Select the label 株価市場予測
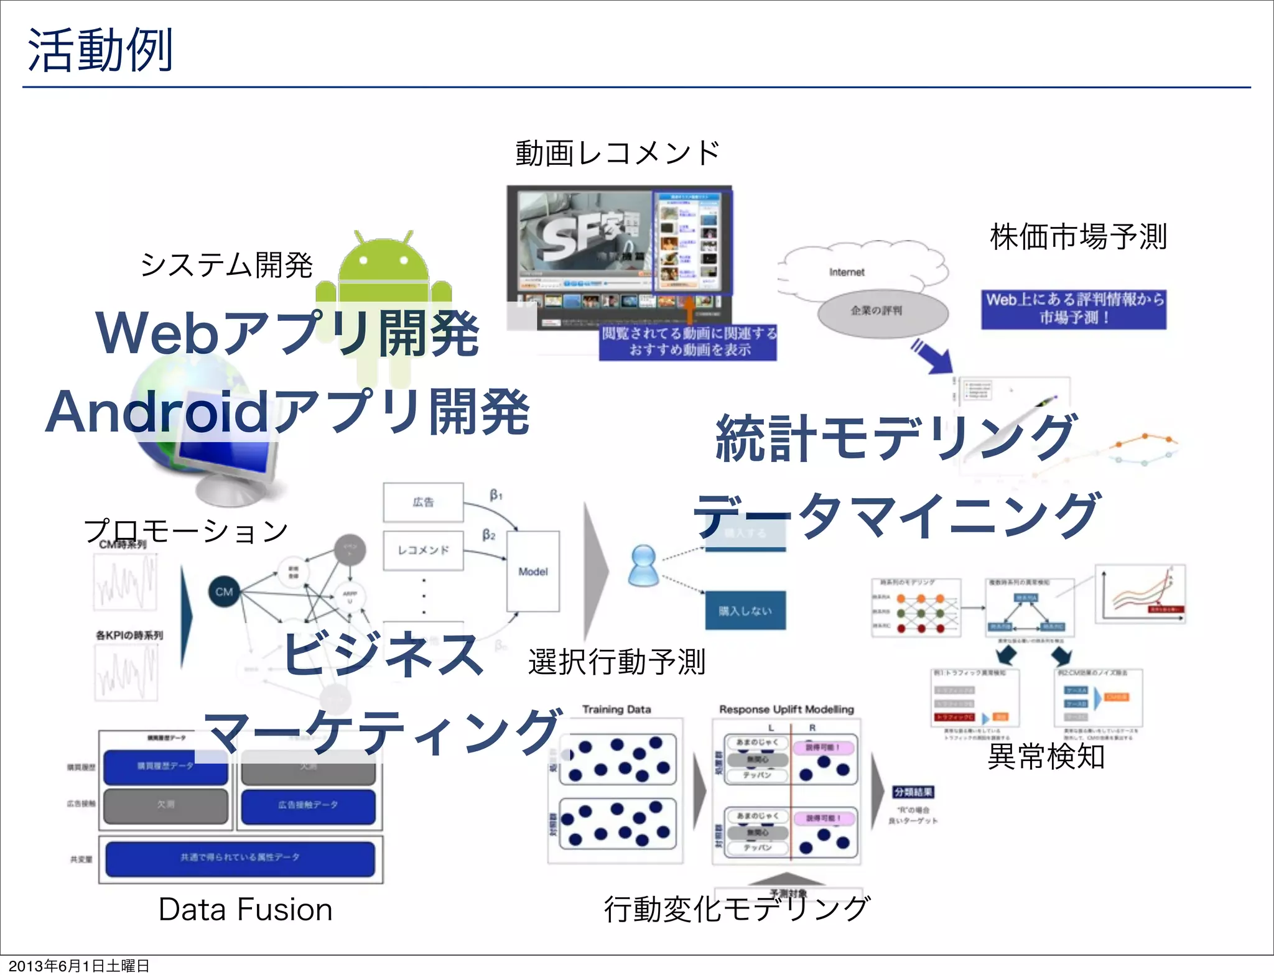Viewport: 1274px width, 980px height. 1078,238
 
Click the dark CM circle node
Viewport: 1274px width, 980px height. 224,591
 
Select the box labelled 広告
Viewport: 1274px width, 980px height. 423,502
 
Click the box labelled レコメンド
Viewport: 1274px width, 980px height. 423,550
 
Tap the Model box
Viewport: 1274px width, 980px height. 533,571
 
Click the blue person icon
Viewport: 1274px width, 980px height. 643,565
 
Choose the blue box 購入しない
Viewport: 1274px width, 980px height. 745,611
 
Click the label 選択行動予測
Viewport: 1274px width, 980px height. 616,662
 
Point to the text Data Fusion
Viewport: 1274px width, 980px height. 245,910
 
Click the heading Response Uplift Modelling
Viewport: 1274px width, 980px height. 786,710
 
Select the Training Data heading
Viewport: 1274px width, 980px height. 616,710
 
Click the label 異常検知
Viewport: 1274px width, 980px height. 1046,757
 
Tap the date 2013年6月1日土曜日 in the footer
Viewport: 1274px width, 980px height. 79,966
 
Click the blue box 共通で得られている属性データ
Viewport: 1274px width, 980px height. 240,858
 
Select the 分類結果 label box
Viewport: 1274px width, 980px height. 913,792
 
